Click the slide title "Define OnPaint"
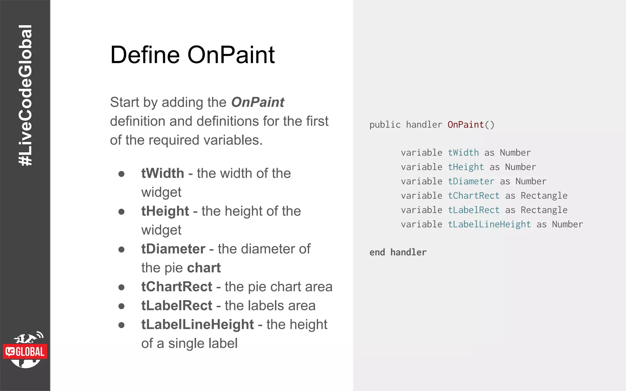192,55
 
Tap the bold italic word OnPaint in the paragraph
258,102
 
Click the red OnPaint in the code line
466,125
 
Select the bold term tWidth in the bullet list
162,174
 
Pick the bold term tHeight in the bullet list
165,211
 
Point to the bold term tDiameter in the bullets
173,249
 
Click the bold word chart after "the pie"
204,268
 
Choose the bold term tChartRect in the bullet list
176,287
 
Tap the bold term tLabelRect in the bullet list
176,306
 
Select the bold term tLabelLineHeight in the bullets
197,325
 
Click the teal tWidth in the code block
463,153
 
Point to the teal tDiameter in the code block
471,181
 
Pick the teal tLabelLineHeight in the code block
489,225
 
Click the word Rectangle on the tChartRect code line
544,196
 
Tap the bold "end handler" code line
398,252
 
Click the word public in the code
385,125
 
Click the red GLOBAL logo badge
25,352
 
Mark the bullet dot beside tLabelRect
121,306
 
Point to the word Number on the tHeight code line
520,167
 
